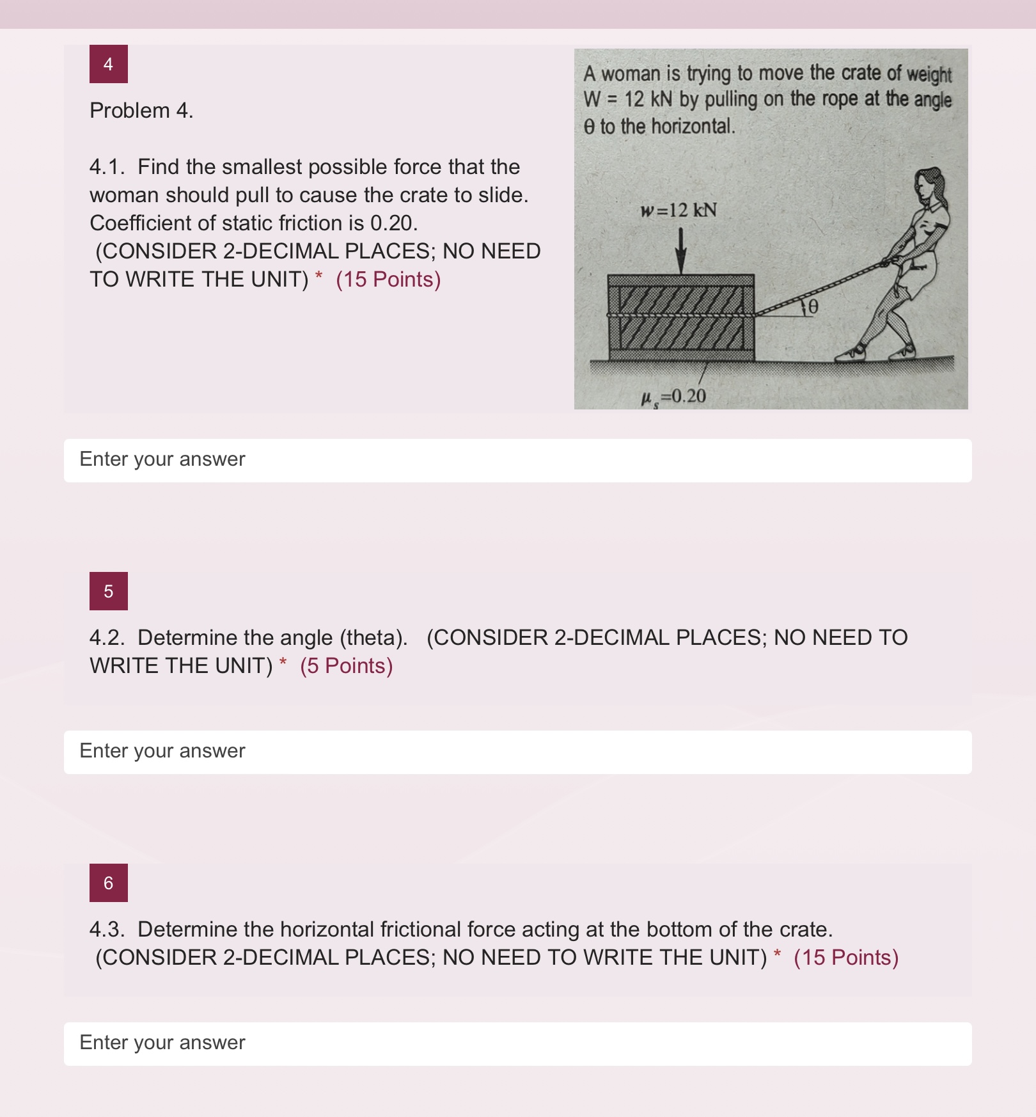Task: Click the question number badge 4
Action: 108,64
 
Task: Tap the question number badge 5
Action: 108,591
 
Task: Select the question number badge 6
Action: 108,883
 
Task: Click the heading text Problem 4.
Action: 141,111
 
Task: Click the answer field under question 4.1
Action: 517,460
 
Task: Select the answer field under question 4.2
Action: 517,752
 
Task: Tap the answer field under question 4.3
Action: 517,1043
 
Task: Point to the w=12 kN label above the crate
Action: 679,210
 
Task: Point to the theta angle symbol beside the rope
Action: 812,307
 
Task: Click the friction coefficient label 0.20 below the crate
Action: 674,397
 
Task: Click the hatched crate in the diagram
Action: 680,318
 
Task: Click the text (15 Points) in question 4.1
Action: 388,280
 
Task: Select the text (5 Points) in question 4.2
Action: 346,666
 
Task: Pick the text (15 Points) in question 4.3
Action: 846,958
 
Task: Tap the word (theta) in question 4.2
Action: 373,638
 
